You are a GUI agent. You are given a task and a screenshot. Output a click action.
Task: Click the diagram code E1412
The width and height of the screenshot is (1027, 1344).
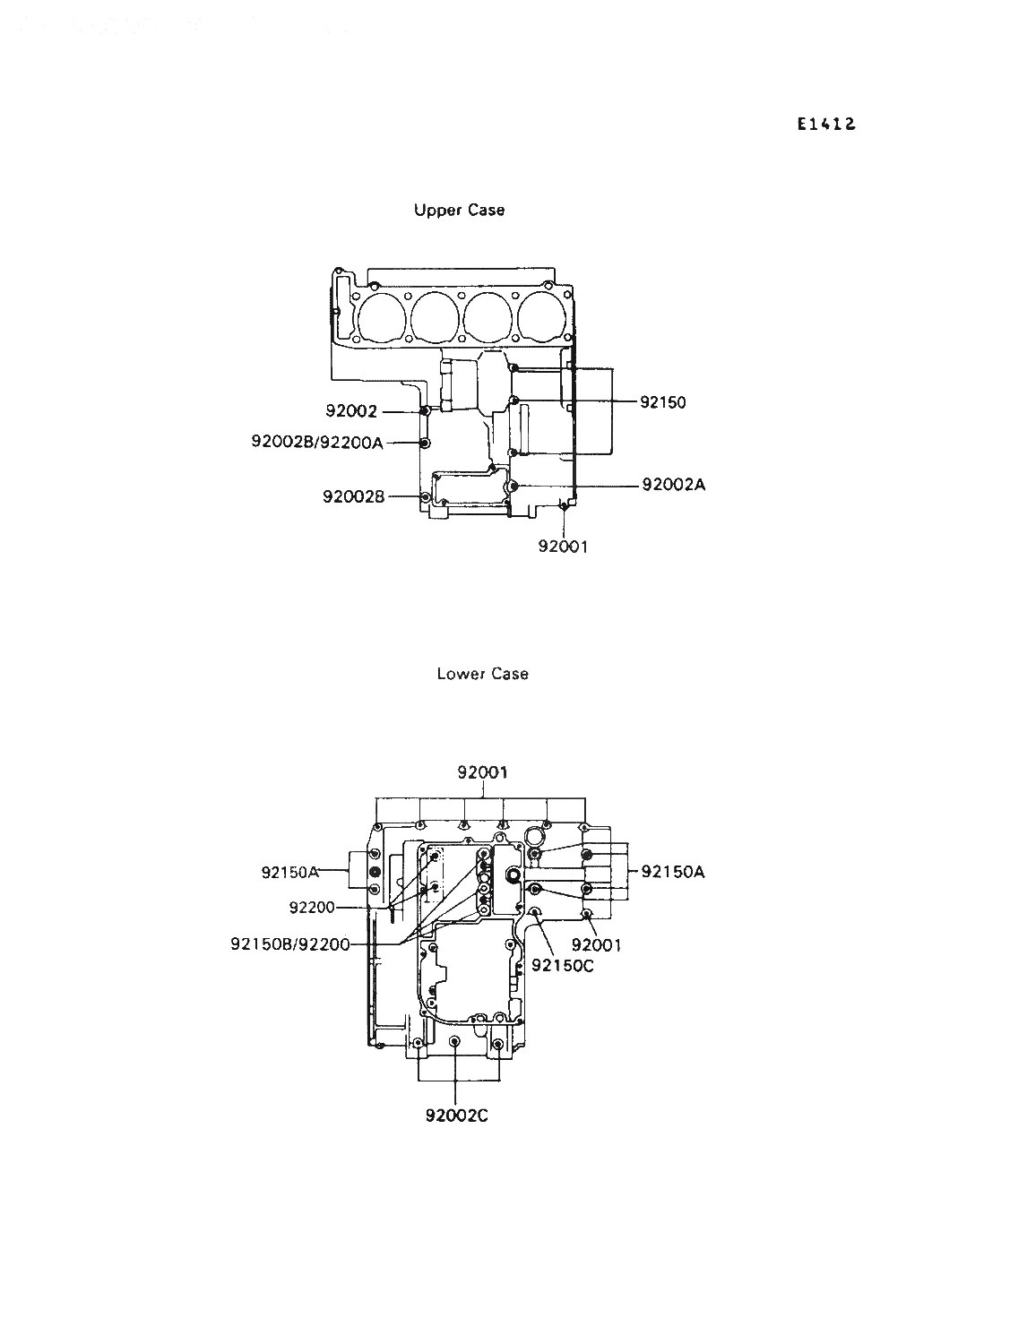point(826,125)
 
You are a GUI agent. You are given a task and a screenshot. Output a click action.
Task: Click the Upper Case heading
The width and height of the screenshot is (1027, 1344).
point(460,211)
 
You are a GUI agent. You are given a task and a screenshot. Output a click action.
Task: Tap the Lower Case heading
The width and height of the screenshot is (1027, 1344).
point(482,674)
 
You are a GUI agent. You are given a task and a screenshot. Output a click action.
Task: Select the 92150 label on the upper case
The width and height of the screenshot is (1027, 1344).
point(663,402)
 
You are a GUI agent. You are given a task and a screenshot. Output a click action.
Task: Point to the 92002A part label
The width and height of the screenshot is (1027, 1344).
point(674,485)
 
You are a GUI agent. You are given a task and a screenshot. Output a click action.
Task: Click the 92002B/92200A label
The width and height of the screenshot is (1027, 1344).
point(317,442)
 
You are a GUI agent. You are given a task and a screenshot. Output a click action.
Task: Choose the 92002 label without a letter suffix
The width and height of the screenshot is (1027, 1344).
point(351,411)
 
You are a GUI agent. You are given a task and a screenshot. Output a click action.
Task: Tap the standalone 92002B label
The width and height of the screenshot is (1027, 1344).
point(354,496)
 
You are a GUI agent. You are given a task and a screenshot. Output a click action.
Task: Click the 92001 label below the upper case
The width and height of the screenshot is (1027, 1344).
point(563,547)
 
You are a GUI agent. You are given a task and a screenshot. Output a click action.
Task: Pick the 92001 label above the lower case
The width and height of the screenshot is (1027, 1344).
point(482,772)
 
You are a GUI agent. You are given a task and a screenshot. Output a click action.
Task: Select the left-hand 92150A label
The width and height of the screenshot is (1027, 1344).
point(290,872)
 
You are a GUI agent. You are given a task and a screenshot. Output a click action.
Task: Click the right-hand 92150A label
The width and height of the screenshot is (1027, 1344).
point(673,871)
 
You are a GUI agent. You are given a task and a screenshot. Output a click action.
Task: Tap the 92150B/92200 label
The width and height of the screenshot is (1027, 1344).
point(290,944)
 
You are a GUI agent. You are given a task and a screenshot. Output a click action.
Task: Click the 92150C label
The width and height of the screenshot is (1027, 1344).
point(563,966)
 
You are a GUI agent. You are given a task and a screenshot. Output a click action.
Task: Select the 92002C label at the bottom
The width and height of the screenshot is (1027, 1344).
point(457,1116)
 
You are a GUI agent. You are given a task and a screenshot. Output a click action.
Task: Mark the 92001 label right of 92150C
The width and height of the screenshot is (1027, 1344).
point(597,945)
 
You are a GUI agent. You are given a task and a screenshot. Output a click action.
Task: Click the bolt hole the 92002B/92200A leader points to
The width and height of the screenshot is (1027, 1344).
point(426,442)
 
